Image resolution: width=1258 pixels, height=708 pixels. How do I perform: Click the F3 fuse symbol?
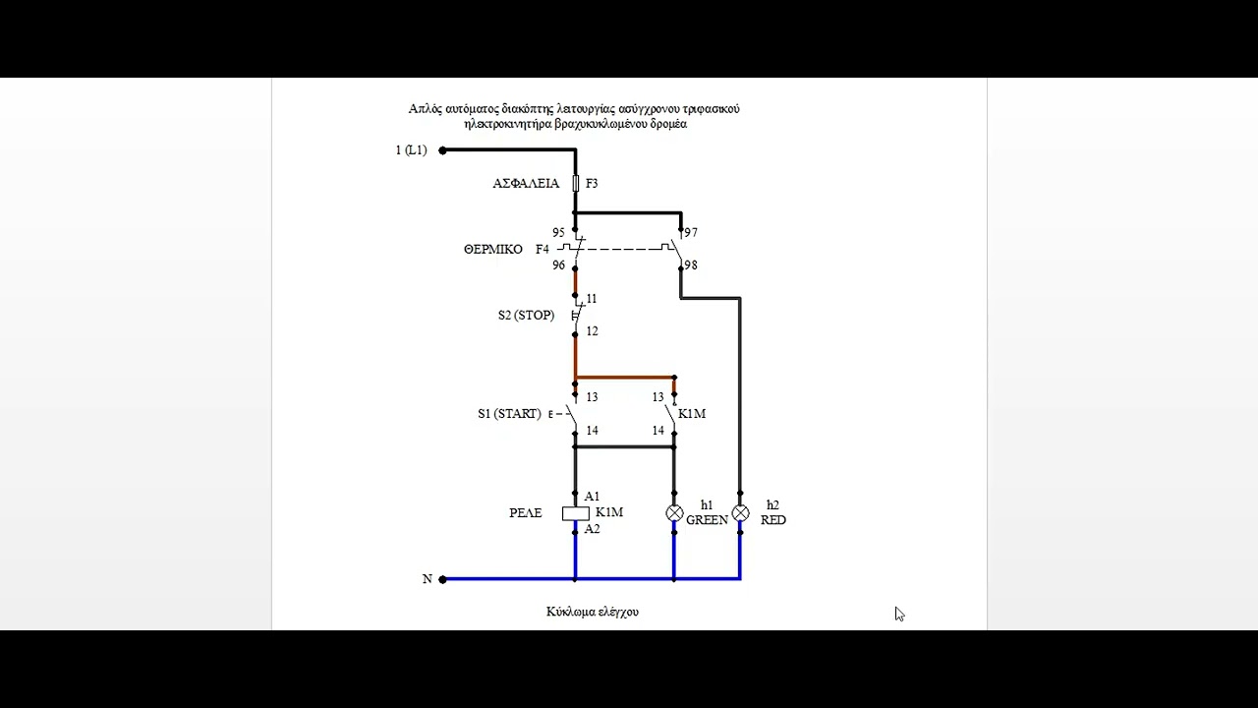[x=575, y=183]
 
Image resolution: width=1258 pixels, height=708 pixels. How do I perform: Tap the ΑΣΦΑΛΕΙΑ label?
[x=526, y=183]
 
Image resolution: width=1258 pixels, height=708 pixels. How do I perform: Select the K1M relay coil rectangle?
[x=576, y=513]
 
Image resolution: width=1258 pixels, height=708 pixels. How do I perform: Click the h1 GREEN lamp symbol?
[x=674, y=513]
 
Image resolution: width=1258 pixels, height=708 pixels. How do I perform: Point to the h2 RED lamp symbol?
[x=740, y=513]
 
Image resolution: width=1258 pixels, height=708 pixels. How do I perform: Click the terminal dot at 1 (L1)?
[x=442, y=150]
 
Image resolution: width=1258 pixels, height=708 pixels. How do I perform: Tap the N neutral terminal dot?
[x=442, y=579]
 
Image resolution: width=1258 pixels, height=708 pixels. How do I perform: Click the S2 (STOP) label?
[x=526, y=316]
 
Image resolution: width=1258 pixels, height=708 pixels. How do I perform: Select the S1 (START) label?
[x=509, y=414]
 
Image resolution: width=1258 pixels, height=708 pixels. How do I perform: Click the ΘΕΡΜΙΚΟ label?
[x=493, y=249]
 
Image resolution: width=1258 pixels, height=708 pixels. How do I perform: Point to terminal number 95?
[x=558, y=233]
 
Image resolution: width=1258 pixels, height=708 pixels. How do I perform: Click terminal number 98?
[x=691, y=265]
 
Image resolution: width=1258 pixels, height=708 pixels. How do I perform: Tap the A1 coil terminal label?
[x=592, y=497]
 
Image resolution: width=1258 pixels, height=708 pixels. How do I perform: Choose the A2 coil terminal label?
[x=592, y=529]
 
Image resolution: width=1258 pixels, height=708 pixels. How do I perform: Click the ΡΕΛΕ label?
[x=526, y=513]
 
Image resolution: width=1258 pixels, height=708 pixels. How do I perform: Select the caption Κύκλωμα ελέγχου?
[x=593, y=612]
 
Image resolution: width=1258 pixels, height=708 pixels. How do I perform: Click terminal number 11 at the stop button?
[x=592, y=298]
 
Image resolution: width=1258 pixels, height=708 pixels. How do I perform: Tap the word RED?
[x=773, y=520]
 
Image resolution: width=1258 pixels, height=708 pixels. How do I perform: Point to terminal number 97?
[x=691, y=233]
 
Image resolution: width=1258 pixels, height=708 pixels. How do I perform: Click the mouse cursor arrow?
[x=899, y=614]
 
